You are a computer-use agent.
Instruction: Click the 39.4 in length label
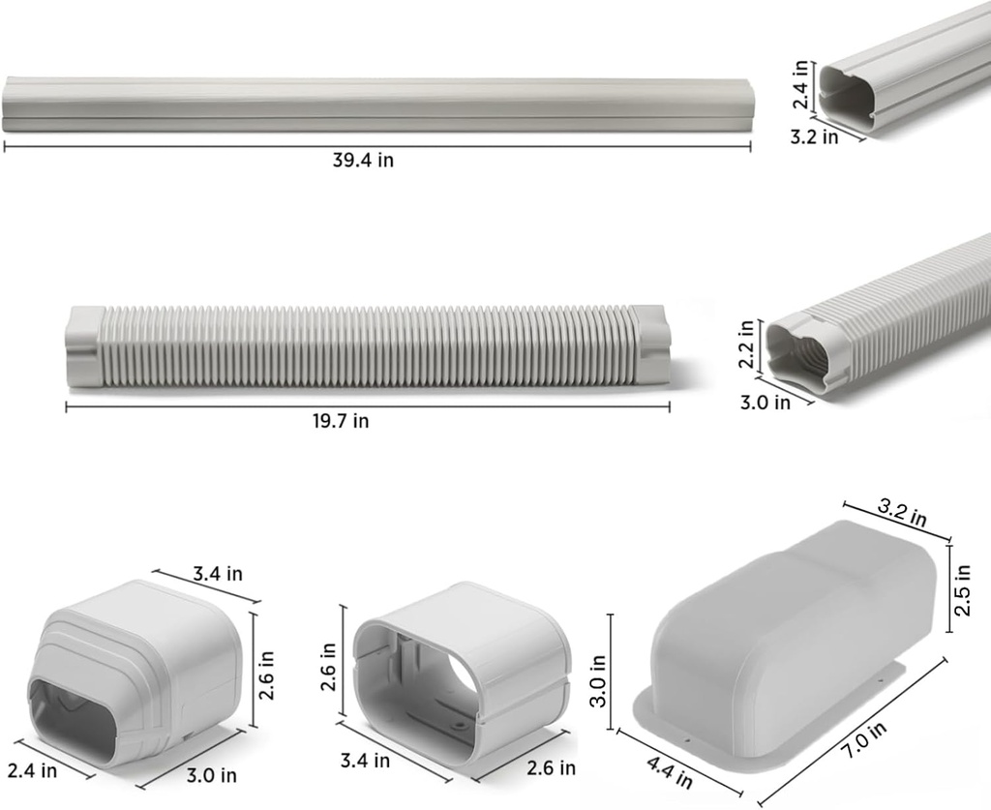click(x=363, y=161)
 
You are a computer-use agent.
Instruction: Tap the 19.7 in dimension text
click(x=341, y=421)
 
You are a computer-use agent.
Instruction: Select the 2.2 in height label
click(x=746, y=344)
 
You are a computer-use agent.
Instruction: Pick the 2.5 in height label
click(x=963, y=589)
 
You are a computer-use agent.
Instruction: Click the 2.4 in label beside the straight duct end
click(x=800, y=84)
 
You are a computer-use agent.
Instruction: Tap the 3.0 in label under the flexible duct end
click(x=765, y=402)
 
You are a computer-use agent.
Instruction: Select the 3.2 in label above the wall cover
click(x=902, y=512)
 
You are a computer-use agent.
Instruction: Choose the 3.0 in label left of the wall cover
click(x=598, y=680)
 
